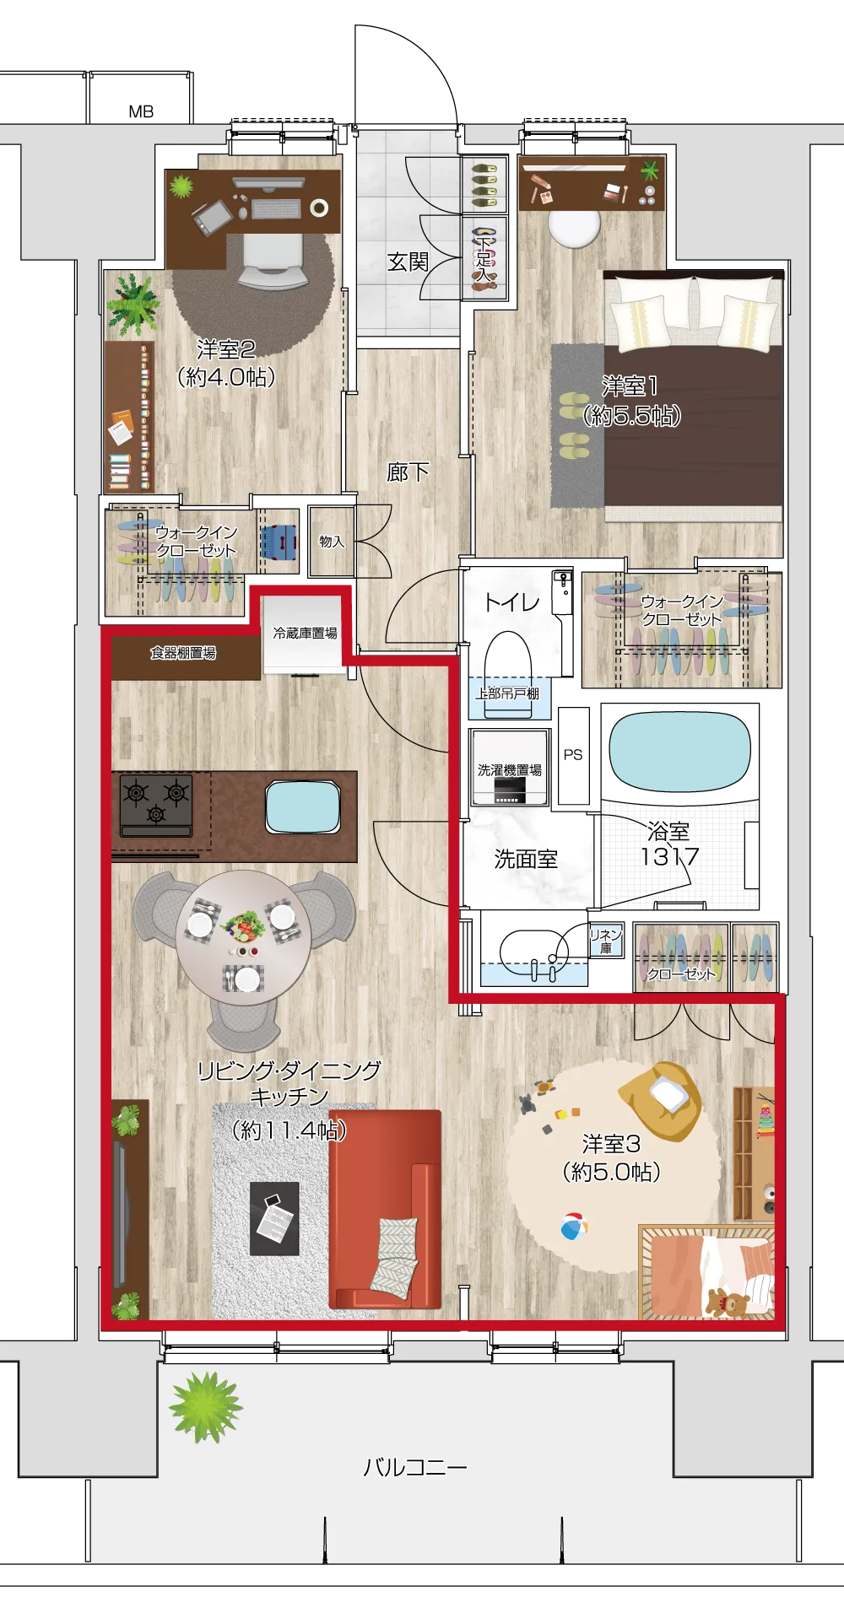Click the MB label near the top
(141, 111)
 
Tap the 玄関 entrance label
(408, 262)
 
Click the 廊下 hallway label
(408, 472)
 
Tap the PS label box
(573, 755)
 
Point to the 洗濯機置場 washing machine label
(510, 770)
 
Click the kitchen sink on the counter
(303, 807)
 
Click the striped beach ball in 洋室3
(574, 1227)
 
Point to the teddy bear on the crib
(727, 1302)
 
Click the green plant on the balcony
(205, 1406)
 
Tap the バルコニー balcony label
(415, 1467)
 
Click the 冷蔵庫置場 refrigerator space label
(305, 633)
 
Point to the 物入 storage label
(332, 542)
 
